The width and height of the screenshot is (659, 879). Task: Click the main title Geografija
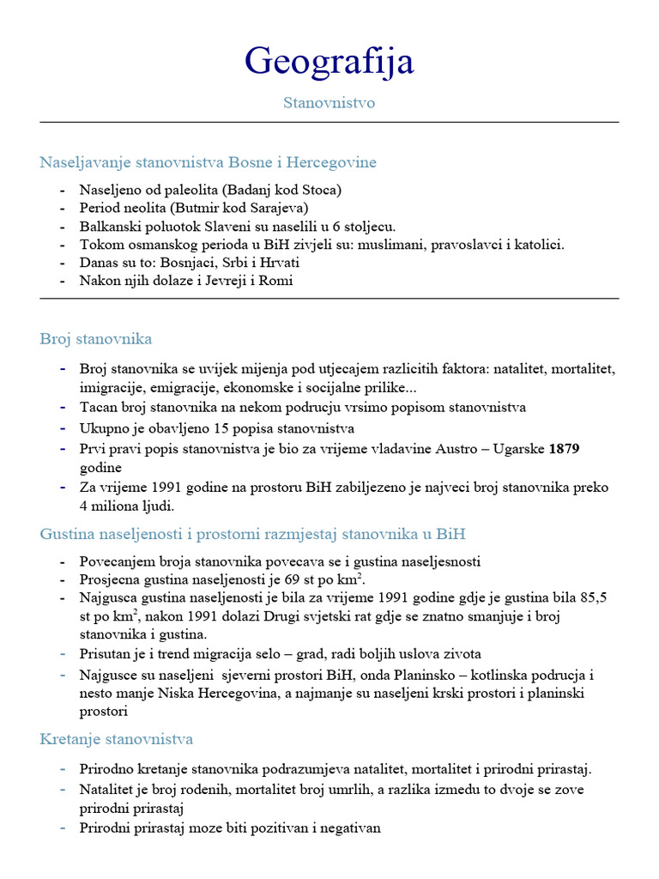tap(329, 60)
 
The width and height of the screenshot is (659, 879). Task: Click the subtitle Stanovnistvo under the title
tap(329, 103)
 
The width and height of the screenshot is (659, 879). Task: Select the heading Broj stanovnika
tap(96, 339)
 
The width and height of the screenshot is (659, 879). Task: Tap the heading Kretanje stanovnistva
tap(117, 739)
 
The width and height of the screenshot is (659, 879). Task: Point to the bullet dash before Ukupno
tap(62, 428)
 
